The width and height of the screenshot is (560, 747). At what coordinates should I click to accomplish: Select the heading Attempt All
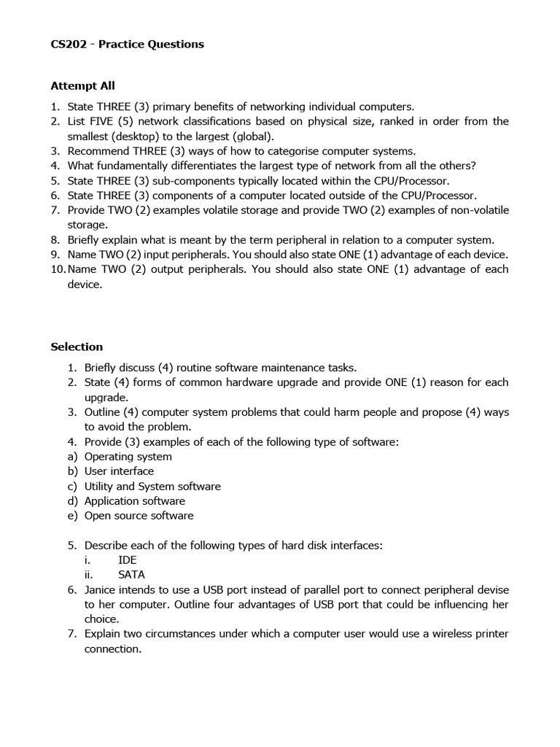pyautogui.click(x=82, y=86)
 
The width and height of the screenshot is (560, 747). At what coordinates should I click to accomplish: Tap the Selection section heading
pyautogui.click(x=77, y=347)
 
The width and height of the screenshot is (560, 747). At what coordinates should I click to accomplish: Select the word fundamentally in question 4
pyautogui.click(x=130, y=166)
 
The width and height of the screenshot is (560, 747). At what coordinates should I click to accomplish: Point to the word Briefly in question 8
pyautogui.click(x=85, y=239)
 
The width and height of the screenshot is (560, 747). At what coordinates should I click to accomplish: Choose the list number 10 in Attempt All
pyautogui.click(x=58, y=269)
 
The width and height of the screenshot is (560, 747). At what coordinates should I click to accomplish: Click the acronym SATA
pyautogui.click(x=131, y=575)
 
